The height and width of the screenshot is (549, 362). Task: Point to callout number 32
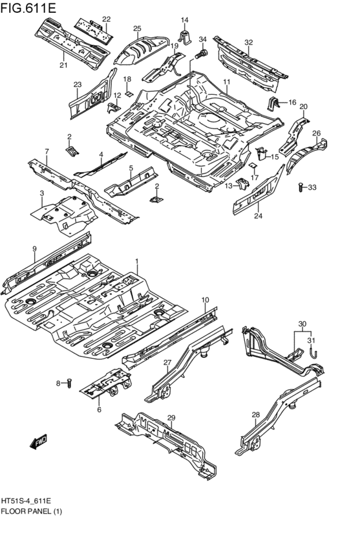click(x=248, y=43)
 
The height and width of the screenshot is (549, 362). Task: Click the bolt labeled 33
click(x=301, y=188)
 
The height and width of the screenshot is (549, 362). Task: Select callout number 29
click(x=172, y=419)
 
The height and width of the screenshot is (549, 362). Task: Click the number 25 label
click(x=137, y=28)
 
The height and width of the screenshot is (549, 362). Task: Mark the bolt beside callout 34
click(x=202, y=53)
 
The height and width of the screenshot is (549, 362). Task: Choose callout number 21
click(x=63, y=65)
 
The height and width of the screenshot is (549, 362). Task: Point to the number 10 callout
click(x=205, y=300)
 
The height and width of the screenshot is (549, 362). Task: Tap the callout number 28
click(x=255, y=415)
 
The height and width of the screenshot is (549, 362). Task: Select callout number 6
click(x=99, y=409)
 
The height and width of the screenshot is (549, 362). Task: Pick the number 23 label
click(x=78, y=85)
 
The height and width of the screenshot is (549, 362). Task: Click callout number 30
click(x=301, y=324)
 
